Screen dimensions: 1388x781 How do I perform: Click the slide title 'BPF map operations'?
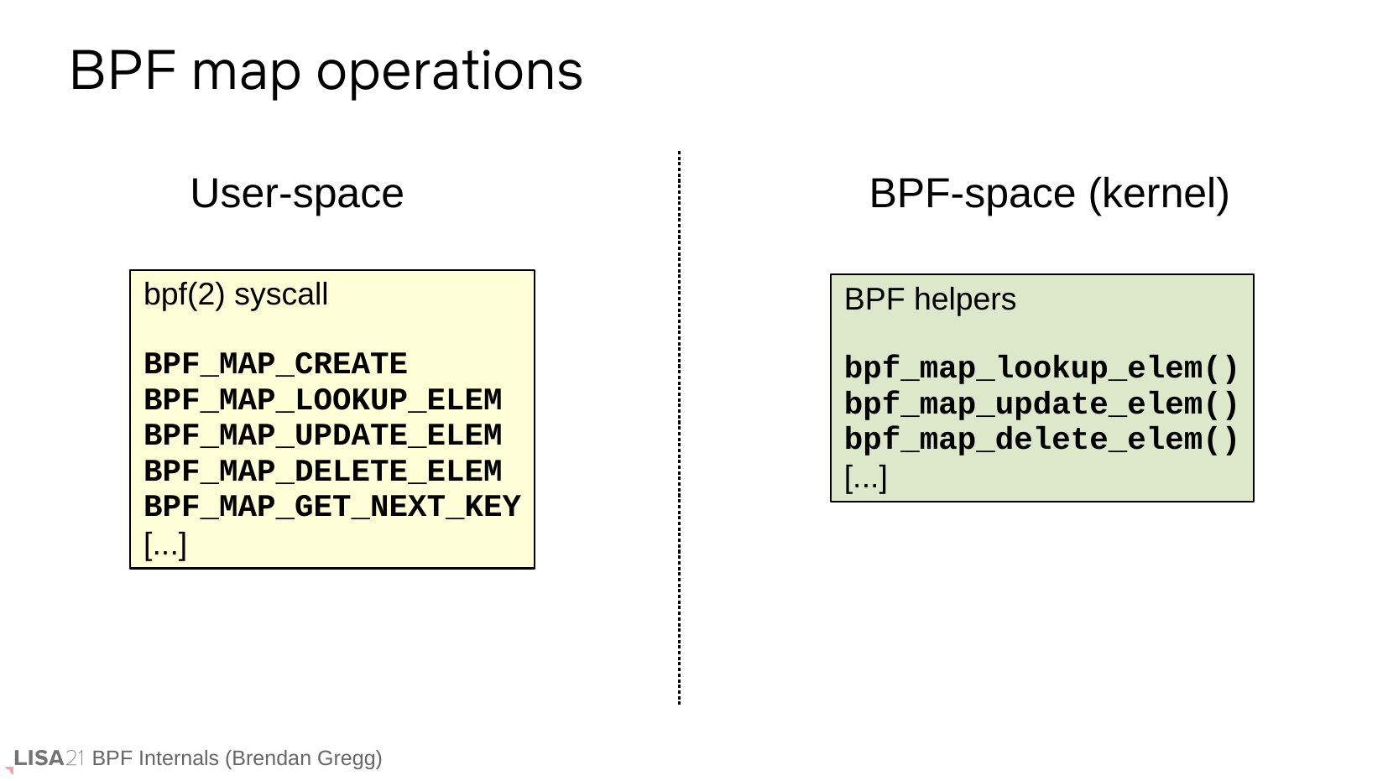click(326, 71)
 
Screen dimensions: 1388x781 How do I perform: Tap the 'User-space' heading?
click(297, 193)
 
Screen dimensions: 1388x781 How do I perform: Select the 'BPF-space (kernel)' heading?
click(1049, 195)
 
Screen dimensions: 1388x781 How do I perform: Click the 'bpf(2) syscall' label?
click(236, 294)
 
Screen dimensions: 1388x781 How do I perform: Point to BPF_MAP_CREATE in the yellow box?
click(276, 364)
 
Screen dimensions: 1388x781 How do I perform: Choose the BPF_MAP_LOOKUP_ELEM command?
click(323, 400)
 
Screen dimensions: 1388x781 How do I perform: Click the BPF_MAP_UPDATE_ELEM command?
click(323, 435)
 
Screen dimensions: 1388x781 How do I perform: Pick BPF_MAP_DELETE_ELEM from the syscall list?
click(323, 471)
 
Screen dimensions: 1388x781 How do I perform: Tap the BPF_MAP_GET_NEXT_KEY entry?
click(332, 507)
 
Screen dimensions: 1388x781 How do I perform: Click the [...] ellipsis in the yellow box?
click(164, 545)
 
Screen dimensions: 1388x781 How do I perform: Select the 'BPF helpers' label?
click(930, 299)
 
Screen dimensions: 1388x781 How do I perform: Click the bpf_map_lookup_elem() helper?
click(1041, 368)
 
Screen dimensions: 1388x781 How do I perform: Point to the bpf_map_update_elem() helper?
click(1041, 404)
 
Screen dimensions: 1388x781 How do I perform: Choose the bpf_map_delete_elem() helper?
click(1041, 440)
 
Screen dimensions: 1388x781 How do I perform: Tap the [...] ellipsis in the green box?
click(866, 479)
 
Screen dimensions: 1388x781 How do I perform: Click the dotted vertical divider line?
click(679, 427)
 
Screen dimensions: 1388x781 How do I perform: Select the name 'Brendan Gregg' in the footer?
click(304, 758)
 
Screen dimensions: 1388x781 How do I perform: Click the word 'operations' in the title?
click(450, 73)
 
